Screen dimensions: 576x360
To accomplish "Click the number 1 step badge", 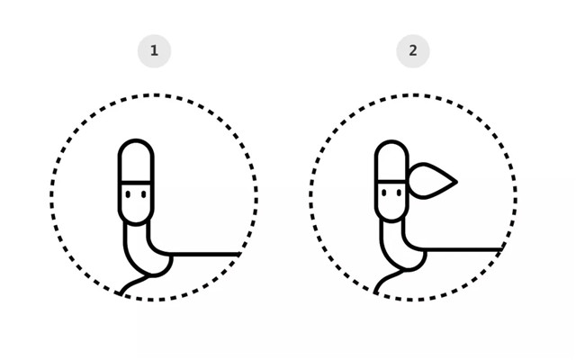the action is point(154,50).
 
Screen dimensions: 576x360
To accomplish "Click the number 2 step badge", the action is point(413,50).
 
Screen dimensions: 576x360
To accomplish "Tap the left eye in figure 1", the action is point(128,194).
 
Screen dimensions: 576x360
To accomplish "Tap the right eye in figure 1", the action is point(144,194).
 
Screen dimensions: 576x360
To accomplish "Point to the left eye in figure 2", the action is point(384,193).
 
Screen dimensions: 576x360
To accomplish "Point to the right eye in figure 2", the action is point(400,193).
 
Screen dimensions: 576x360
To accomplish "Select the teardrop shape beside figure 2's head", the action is point(432,181).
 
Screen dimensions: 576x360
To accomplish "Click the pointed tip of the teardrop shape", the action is point(457,182).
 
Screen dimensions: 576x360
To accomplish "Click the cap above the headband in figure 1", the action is point(136,141).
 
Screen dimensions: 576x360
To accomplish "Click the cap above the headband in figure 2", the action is point(391,142).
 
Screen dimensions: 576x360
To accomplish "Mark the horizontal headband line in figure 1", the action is point(136,182).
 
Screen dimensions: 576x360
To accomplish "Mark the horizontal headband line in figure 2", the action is point(391,181).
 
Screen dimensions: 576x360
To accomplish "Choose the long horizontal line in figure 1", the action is point(204,254).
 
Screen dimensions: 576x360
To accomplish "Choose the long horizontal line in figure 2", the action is point(463,250).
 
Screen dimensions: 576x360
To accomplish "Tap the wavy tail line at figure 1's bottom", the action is point(133,282).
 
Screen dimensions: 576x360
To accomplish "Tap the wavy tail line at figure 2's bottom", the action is point(388,279).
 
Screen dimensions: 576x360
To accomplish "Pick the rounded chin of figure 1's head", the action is point(136,223).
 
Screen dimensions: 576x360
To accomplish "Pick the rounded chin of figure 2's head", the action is point(391,220).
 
